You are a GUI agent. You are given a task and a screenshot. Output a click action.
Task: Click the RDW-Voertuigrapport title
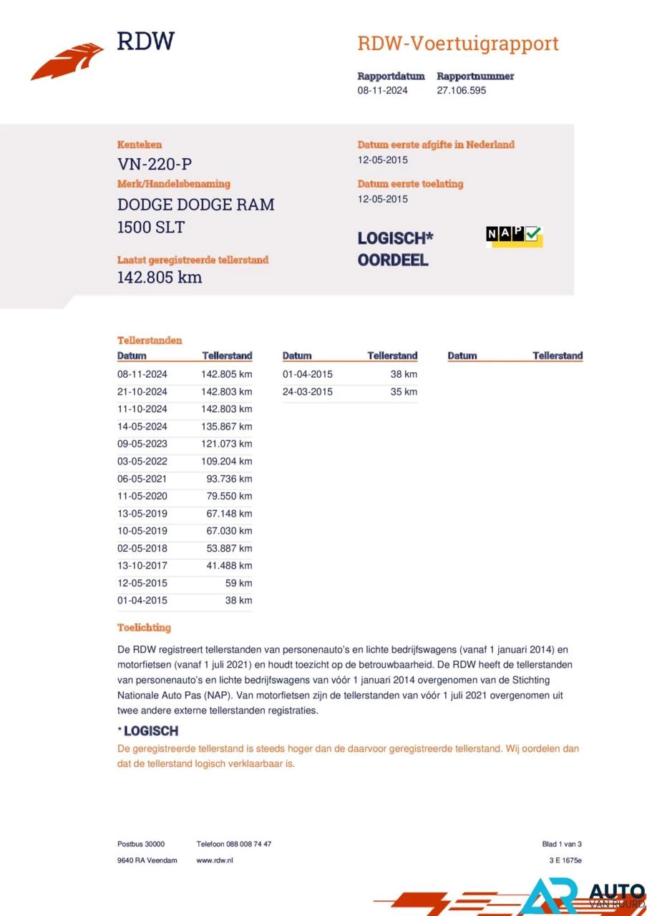(457, 44)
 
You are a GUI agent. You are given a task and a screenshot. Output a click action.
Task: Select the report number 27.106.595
(461, 91)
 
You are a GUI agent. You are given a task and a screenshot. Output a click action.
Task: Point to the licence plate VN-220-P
(155, 163)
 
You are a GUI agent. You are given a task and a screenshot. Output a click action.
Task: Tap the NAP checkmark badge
(514, 235)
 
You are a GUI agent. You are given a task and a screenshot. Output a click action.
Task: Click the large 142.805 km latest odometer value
(160, 277)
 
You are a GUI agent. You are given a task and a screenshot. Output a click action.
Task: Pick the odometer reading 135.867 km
(227, 427)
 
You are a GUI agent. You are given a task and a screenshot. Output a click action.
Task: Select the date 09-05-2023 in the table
(142, 444)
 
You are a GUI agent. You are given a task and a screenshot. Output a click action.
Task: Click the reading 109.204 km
(227, 462)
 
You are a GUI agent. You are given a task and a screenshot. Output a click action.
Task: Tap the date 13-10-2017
(142, 565)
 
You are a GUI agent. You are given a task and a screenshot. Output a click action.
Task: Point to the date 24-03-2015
(308, 392)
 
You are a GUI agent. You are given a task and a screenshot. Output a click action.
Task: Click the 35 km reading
(404, 392)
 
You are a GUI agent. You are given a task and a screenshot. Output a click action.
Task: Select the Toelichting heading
(144, 628)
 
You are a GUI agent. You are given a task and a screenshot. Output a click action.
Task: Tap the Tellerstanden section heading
(150, 341)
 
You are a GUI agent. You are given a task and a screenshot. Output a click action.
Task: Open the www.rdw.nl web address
(215, 860)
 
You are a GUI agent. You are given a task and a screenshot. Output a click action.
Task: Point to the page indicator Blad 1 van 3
(562, 844)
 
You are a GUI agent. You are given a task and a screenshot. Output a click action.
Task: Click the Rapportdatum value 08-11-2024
(383, 91)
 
